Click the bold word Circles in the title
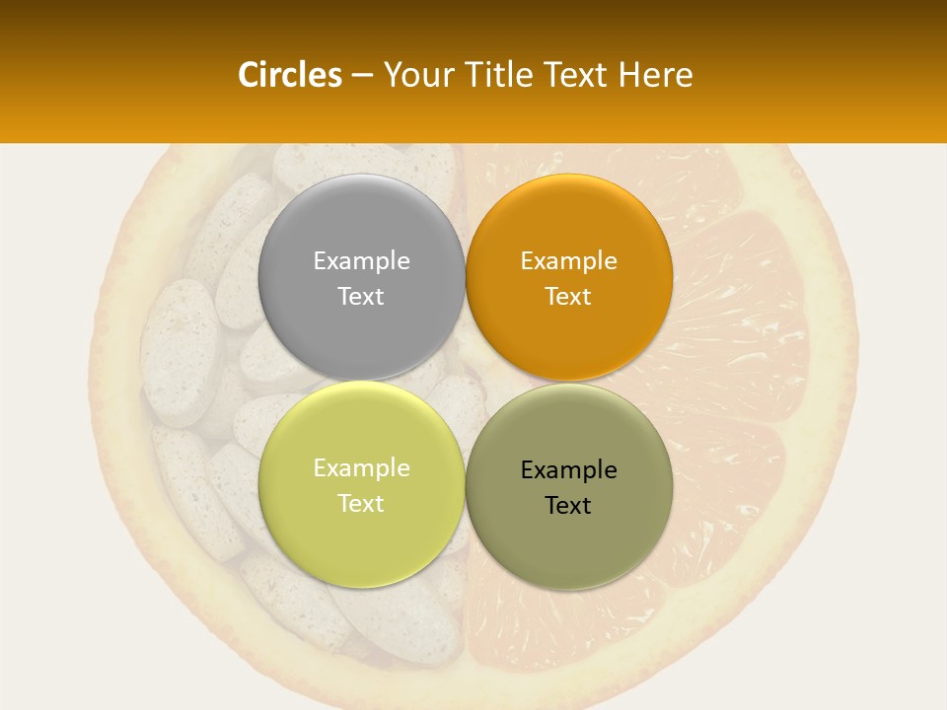[290, 75]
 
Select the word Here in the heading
[655, 75]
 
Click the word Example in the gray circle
[361, 260]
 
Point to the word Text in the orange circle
[568, 296]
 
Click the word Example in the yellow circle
[361, 467]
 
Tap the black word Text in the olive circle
[568, 505]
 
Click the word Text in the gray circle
[361, 296]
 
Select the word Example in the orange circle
[568, 260]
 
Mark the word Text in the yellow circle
[361, 503]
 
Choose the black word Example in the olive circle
[568, 469]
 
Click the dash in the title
[362, 76]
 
